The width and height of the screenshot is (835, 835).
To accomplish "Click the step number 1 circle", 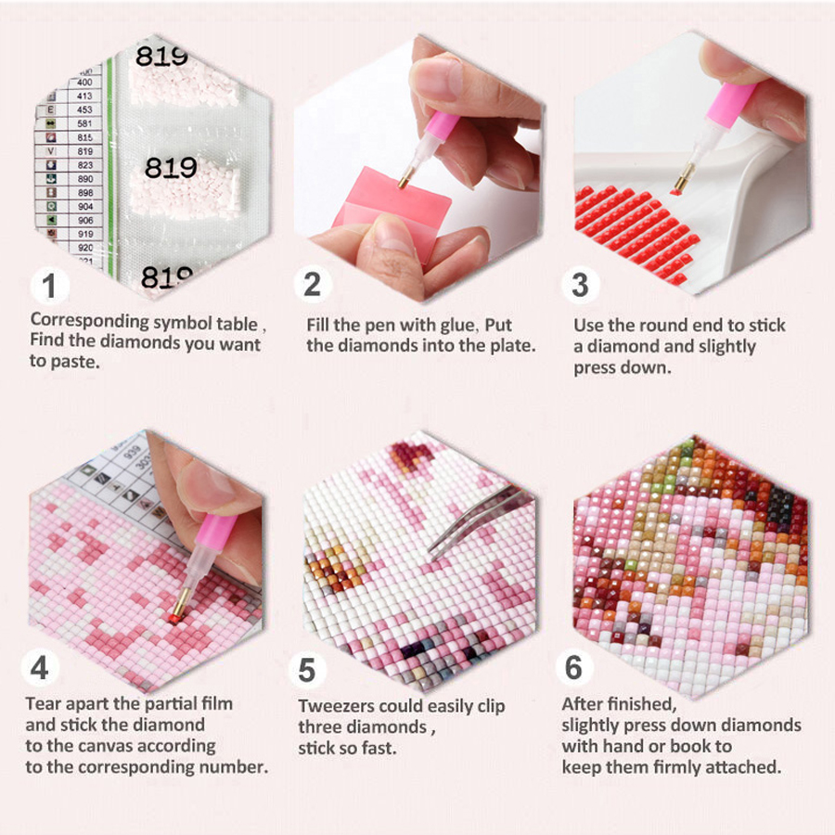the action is (x=49, y=286).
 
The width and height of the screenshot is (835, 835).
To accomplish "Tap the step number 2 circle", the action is (x=313, y=285).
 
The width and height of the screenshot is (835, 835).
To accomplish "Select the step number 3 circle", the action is (x=581, y=285).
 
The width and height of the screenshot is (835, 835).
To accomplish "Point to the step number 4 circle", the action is (x=40, y=667).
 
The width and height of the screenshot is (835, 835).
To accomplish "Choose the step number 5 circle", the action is (x=307, y=670).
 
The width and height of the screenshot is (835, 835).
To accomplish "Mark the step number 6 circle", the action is (x=574, y=667).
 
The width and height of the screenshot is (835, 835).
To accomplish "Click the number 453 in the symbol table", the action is (x=84, y=109).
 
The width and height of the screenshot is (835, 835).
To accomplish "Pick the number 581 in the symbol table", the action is (x=84, y=123).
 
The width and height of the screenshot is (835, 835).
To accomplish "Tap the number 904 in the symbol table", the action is (x=85, y=207).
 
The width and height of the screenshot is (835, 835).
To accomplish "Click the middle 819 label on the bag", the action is (x=171, y=168).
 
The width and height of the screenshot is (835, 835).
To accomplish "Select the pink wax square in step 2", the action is (x=392, y=211).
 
